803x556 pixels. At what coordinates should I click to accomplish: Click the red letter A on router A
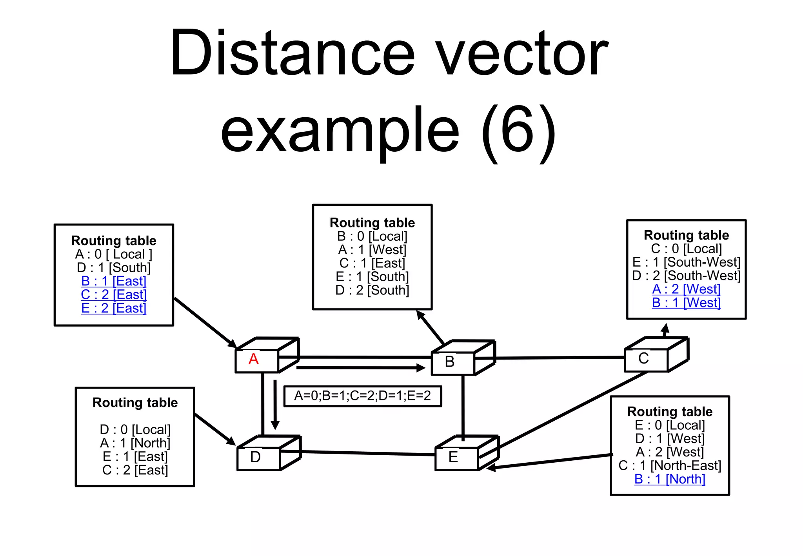point(254,360)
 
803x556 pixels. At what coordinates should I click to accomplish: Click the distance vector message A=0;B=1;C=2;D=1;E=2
point(362,396)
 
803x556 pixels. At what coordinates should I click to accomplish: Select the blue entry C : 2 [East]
point(114,294)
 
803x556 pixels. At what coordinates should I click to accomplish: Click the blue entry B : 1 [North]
point(670,479)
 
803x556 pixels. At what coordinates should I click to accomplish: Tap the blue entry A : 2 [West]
point(686,289)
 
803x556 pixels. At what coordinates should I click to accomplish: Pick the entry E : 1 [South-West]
point(686,262)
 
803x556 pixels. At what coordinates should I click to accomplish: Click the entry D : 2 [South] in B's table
point(372,291)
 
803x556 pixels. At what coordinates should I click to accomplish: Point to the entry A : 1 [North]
point(135,443)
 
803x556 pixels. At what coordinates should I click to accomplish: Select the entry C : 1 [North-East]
point(670,466)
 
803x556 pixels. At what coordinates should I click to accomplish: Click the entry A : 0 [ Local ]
point(114,254)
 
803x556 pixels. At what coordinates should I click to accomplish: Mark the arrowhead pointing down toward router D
point(275,425)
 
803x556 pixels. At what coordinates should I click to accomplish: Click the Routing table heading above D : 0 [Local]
point(135,403)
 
